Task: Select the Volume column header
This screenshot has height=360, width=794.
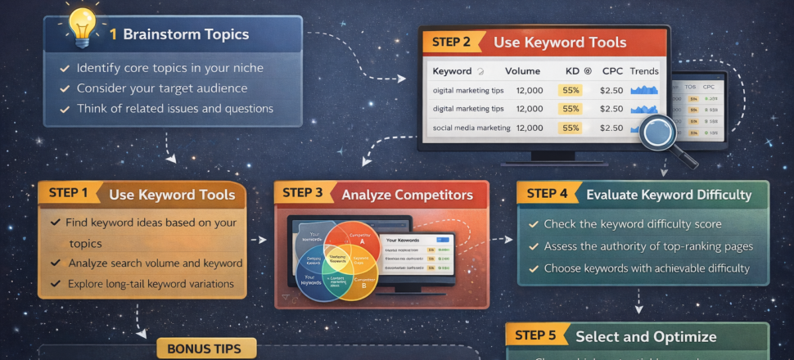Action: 522,71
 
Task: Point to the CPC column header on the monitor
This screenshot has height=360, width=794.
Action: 611,71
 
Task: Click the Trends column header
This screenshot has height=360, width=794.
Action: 644,71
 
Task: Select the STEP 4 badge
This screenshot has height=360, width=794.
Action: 547,194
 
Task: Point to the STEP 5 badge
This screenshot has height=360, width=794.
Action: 535,335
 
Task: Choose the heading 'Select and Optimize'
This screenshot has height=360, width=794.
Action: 646,336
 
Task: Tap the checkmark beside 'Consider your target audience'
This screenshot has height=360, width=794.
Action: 64,88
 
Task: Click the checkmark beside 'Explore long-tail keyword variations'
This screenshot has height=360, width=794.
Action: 56,284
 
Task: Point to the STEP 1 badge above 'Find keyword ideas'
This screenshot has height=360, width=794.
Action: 68,194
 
